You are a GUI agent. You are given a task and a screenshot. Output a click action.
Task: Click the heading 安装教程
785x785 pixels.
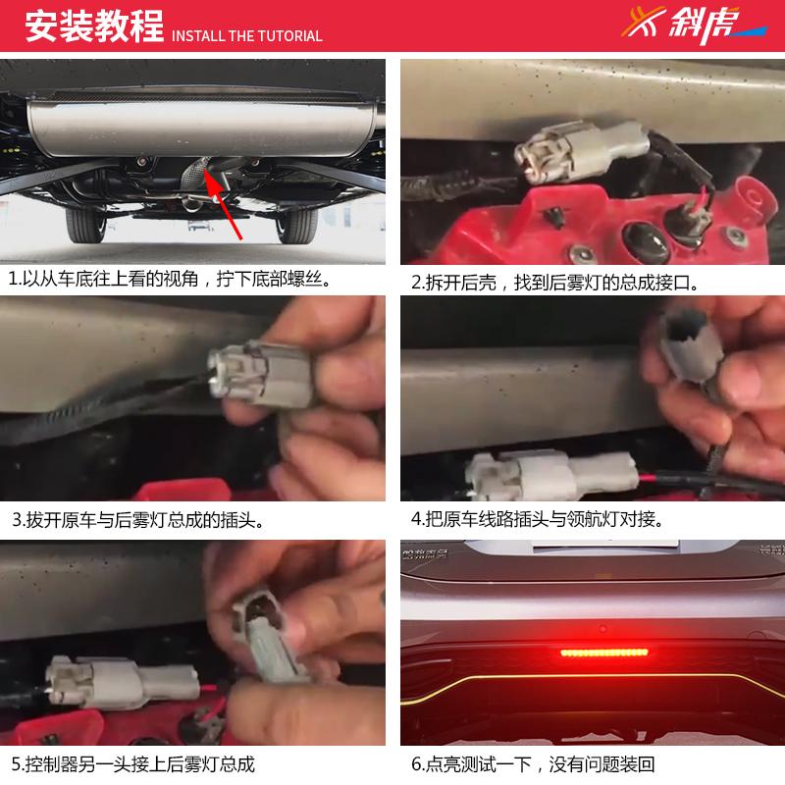pyautogui.click(x=93, y=28)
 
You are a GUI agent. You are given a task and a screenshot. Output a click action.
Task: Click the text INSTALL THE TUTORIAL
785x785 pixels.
pyautogui.click(x=247, y=36)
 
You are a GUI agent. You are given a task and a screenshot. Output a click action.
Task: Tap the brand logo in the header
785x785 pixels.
pyautogui.click(x=692, y=26)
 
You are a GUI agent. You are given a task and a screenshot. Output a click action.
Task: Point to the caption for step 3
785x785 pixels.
pyautogui.click(x=137, y=519)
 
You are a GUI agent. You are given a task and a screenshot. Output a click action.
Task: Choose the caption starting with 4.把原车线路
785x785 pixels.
pyautogui.click(x=544, y=519)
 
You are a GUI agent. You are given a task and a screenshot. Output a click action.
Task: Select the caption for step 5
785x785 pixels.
pyautogui.click(x=133, y=762)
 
